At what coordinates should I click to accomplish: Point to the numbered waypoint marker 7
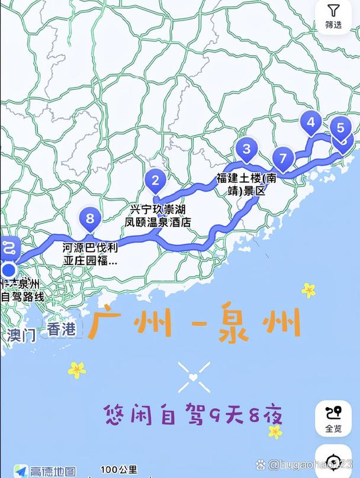coord(283,159)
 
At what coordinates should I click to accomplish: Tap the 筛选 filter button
coord(333,17)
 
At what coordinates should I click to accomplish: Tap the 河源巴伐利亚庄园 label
coord(90,254)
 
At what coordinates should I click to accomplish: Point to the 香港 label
coord(62,330)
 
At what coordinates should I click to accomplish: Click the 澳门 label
coord(22,335)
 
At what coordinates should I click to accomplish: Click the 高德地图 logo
coord(46,471)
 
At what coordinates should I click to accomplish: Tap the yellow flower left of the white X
coord(77,370)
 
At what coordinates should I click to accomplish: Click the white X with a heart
coord(194,377)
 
